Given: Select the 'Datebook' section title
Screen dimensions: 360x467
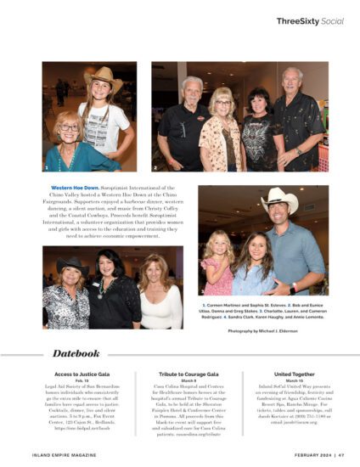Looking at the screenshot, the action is point(76,352).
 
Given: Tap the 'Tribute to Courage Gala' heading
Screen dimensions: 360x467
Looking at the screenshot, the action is point(179,374).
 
